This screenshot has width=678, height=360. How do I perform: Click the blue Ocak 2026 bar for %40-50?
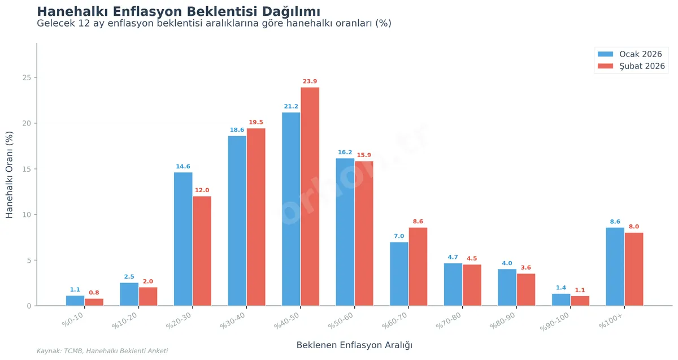tap(291, 209)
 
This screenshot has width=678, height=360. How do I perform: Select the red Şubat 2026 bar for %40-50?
tap(310, 197)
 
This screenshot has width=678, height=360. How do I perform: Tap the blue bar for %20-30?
tap(183, 239)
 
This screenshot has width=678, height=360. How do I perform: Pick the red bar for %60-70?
tap(418, 267)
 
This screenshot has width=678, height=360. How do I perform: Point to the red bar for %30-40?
tap(256, 217)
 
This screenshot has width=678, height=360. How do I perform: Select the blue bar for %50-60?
tap(345, 232)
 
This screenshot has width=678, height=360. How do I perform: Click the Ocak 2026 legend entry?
tap(629, 54)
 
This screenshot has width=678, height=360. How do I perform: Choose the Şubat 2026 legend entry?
tap(631, 66)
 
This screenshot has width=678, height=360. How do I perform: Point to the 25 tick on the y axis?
tap(27, 77)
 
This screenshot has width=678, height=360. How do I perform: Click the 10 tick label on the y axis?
tap(27, 215)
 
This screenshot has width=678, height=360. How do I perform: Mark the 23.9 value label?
tap(310, 81)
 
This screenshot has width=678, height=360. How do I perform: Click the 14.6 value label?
tap(183, 167)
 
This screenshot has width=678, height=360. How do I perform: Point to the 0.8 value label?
tap(94, 293)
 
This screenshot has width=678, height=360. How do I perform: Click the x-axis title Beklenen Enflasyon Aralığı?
tap(354, 345)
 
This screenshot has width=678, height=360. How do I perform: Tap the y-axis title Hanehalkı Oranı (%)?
tap(10, 175)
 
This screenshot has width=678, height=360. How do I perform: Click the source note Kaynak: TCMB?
tap(102, 351)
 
